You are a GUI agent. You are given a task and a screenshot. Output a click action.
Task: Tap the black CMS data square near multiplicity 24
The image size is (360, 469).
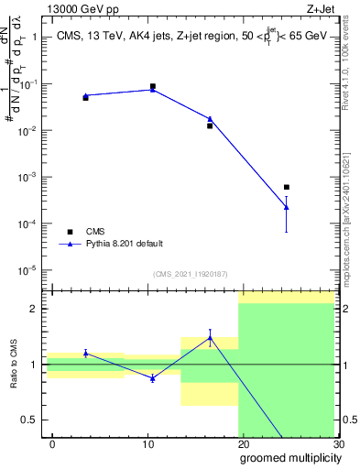pos(287,187)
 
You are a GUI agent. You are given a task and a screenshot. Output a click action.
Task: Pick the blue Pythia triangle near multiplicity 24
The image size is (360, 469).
pos(287,207)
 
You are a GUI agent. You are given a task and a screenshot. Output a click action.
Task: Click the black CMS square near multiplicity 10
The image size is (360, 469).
pos(152,86)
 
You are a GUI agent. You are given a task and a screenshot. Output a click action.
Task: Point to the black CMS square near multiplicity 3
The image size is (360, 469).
pos(85,97)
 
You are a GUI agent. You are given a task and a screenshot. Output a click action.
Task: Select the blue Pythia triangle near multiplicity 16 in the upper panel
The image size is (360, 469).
pos(210,119)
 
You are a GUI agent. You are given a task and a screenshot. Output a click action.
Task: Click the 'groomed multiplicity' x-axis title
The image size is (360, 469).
pos(287,457)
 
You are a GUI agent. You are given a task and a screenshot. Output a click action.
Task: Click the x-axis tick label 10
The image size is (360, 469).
pos(147,444)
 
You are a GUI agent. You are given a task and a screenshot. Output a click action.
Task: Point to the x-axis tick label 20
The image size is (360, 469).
pos(242,444)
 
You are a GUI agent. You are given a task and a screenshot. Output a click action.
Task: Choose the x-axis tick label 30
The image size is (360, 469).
pos(337,444)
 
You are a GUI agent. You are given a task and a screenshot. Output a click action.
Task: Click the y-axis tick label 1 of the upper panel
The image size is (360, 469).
pos(37,38)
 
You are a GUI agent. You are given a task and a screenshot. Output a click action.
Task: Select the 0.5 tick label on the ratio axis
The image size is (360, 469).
pos(31,420)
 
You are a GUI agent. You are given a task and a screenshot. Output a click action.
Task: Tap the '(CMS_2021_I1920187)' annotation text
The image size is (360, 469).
pos(189,273)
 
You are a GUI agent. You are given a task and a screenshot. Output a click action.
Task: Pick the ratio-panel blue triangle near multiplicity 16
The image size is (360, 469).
pos(210,337)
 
